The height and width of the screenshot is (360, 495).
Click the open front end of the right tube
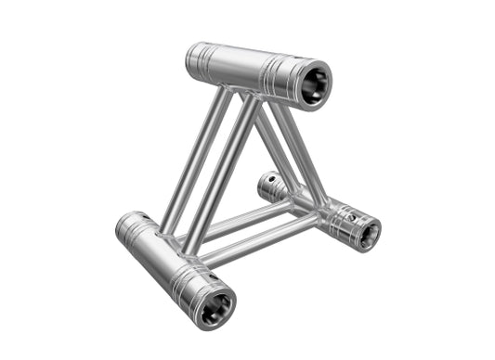click(364, 232)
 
